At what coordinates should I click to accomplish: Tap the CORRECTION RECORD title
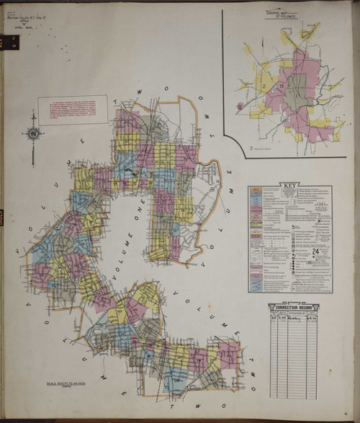coord(294,307)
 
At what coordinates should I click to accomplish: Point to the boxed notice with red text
coord(73,110)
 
